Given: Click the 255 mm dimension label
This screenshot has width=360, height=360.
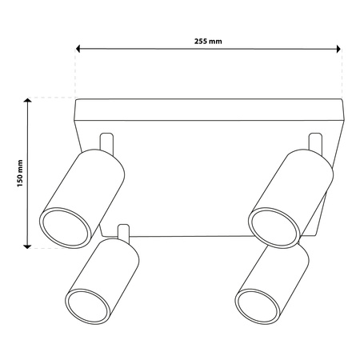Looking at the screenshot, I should point(209,41).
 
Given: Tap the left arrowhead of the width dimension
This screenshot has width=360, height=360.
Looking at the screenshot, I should point(79,49).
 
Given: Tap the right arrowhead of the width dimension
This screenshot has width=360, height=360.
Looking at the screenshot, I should point(338,49).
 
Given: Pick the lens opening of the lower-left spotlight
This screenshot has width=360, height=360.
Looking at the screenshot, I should point(82,306).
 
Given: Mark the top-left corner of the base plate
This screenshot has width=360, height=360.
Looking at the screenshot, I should point(76,99).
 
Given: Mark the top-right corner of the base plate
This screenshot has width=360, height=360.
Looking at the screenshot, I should point(342,99).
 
